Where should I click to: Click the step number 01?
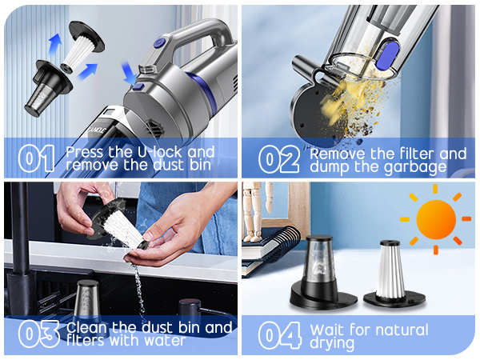(36, 158)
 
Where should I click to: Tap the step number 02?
(278, 159)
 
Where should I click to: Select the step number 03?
(38, 334)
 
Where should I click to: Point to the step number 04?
(279, 335)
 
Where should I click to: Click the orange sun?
(436, 219)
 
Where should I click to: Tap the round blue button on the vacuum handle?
(158, 43)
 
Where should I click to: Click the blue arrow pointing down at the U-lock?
(128, 73)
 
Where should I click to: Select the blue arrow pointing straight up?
(55, 45)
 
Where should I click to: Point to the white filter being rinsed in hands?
(119, 225)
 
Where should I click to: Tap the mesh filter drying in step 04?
(322, 273)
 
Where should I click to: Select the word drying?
(332, 343)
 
